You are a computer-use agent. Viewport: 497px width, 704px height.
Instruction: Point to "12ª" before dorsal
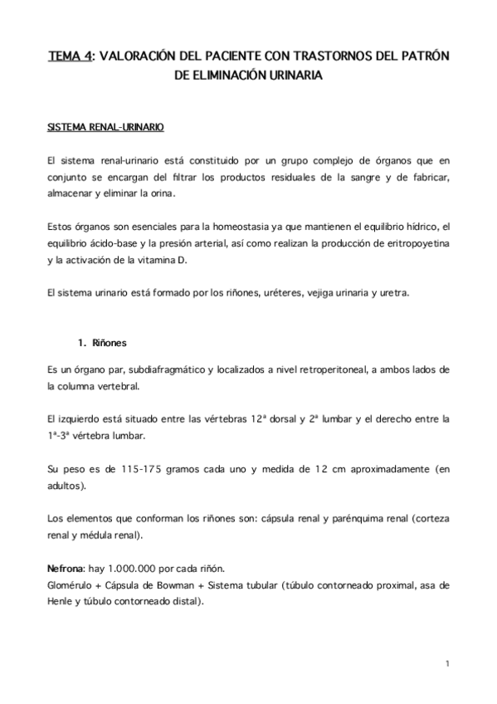259,418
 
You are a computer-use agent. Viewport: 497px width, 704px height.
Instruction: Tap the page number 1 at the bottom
446,663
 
